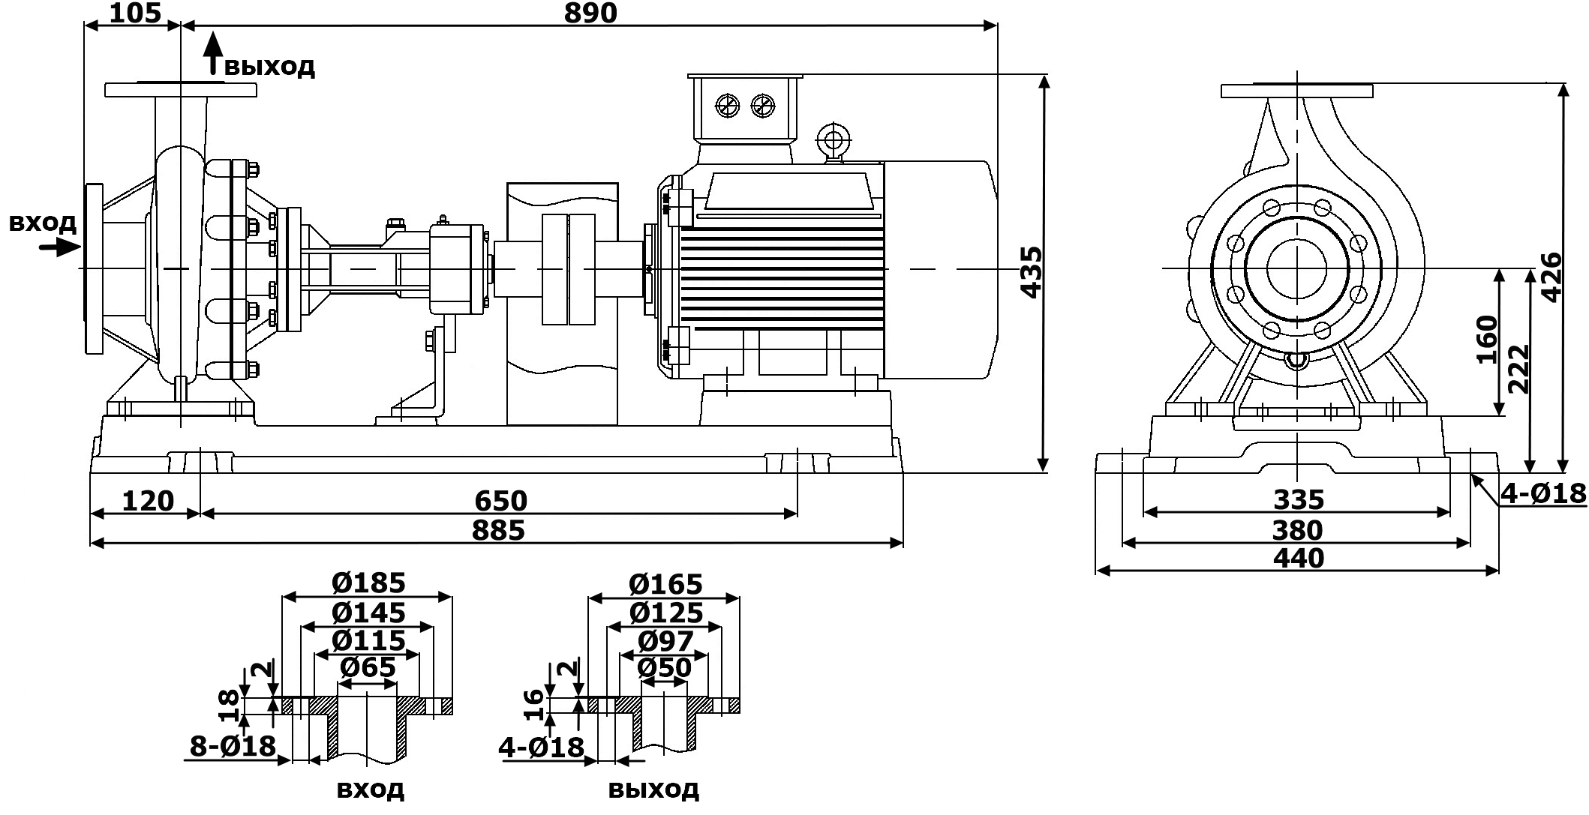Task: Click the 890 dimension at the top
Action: pyautogui.click(x=590, y=13)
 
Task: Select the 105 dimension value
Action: pyautogui.click(x=134, y=13)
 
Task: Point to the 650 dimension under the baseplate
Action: pyautogui.click(x=500, y=500)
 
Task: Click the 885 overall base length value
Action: pyautogui.click(x=498, y=530)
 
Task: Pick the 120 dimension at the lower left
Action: pyautogui.click(x=147, y=500)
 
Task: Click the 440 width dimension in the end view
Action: pyautogui.click(x=1299, y=558)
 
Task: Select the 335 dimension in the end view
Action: pyautogui.click(x=1299, y=499)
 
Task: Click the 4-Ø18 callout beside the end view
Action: pyautogui.click(x=1544, y=493)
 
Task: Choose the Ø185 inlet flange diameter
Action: pyautogui.click(x=368, y=583)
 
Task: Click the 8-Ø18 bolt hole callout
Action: pyautogui.click(x=233, y=746)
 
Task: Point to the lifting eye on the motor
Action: pyautogui.click(x=832, y=139)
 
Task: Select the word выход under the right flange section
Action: pyautogui.click(x=653, y=789)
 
